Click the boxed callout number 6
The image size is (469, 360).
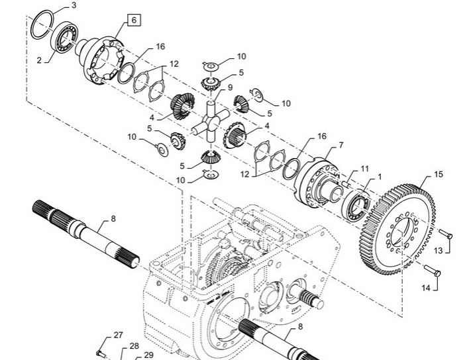134,20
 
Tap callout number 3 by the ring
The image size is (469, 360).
74,5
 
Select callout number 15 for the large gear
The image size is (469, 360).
438,174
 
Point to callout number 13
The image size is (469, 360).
438,250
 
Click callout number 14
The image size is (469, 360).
426,288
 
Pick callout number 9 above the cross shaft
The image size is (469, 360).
230,87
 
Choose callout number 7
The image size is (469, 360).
341,145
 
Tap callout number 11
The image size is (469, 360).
364,169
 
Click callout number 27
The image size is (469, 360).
118,335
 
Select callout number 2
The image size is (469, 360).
39,60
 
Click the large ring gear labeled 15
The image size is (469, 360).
397,230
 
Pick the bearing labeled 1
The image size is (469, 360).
358,206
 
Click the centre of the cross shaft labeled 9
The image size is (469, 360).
211,120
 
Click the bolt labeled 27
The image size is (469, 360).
102,354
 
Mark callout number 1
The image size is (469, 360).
380,177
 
